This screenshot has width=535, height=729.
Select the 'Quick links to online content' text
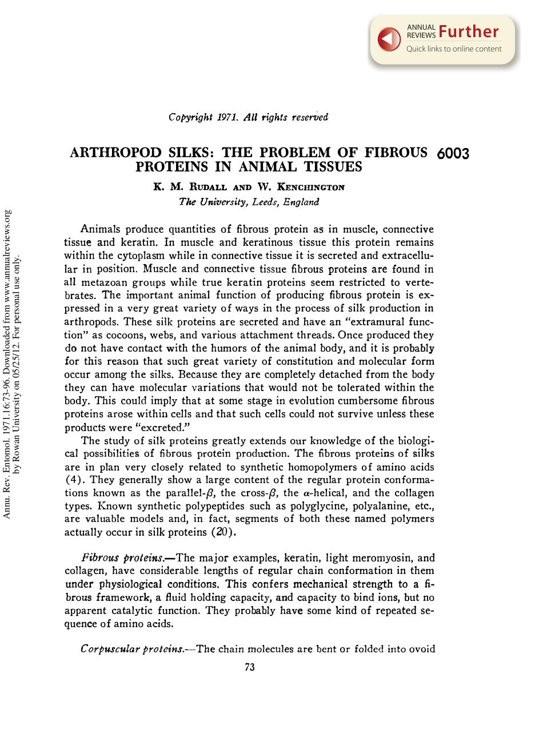pyautogui.click(x=454, y=49)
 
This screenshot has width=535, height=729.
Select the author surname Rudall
pyautogui.click(x=198, y=187)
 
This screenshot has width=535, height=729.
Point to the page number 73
pyautogui.click(x=249, y=667)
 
